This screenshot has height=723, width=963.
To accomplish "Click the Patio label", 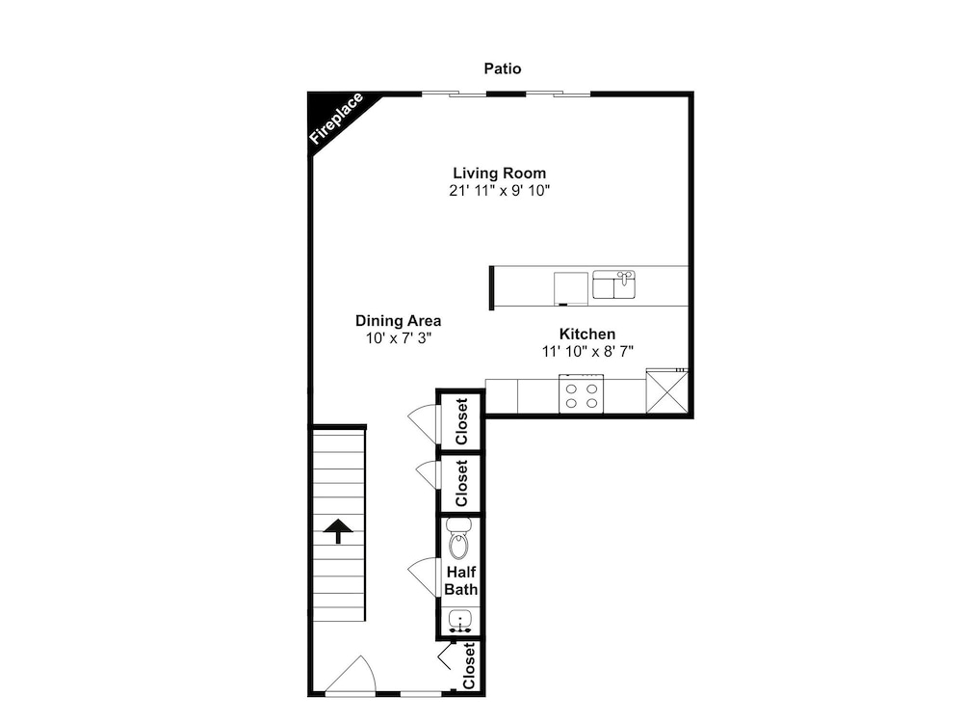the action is [503, 68].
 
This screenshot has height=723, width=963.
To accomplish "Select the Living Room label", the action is [499, 173].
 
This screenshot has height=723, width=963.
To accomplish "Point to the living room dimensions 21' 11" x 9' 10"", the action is [499, 191].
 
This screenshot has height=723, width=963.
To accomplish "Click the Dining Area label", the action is [398, 320].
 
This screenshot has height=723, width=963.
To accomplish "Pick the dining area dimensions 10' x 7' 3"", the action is [400, 338].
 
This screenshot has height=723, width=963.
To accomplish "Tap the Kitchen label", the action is [587, 334].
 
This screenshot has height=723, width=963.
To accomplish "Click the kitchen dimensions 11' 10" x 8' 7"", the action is [587, 352].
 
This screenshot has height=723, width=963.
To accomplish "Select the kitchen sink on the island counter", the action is [613, 284].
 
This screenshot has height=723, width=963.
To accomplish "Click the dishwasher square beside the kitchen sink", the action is [570, 288].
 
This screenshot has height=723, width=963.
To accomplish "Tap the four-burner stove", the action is [581, 394].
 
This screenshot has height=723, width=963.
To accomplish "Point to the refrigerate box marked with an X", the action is [667, 391].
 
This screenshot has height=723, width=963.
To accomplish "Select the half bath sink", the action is [460, 620].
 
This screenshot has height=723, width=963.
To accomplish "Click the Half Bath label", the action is [461, 580].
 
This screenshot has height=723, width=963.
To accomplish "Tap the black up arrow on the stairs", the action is [338, 530].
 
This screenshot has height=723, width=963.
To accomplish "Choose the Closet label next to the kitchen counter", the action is [462, 422].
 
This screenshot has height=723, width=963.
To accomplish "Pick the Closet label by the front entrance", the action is [469, 666].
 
